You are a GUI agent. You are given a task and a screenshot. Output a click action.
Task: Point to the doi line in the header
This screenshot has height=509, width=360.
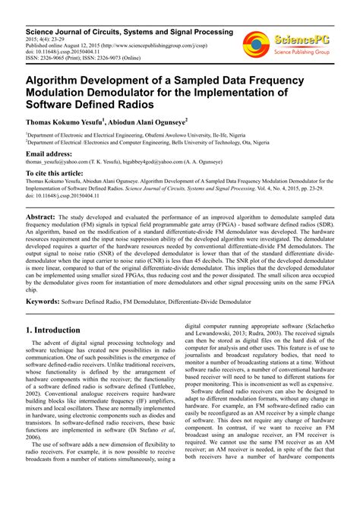(x=68, y=51)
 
